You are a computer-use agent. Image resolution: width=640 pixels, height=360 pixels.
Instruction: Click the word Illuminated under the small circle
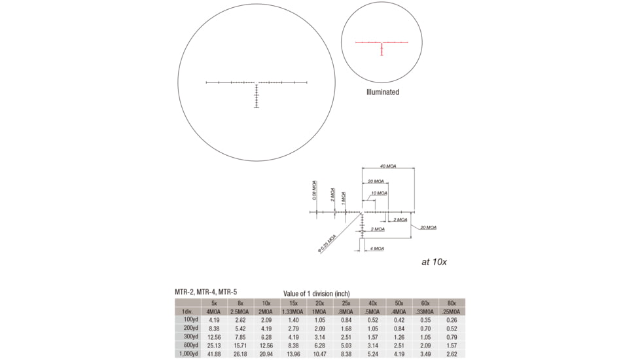tap(382, 92)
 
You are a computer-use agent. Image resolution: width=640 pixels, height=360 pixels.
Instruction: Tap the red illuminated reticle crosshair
tap(382, 43)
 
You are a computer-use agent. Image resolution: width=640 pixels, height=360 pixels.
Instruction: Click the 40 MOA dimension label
tap(388, 166)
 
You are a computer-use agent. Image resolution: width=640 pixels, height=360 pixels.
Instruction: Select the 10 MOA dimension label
tap(379, 193)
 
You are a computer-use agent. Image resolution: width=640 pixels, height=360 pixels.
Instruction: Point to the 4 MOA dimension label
tap(377, 249)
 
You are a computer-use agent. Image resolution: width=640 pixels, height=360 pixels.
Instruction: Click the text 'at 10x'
tap(434, 262)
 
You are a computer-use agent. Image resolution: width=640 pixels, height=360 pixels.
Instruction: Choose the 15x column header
tap(293, 303)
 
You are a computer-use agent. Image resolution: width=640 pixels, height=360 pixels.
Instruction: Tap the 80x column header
tap(452, 303)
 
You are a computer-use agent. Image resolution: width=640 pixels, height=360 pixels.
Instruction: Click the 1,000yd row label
tap(187, 353)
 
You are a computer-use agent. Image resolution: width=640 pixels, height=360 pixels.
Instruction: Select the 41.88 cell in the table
tap(214, 353)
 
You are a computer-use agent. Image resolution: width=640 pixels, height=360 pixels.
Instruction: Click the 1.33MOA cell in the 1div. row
tap(293, 312)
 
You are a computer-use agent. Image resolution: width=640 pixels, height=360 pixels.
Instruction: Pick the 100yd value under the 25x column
tap(346, 320)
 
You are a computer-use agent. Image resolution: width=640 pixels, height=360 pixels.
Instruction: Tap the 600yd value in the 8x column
tap(240, 345)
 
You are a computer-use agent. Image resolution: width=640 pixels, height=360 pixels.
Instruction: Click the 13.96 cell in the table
tap(293, 353)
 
